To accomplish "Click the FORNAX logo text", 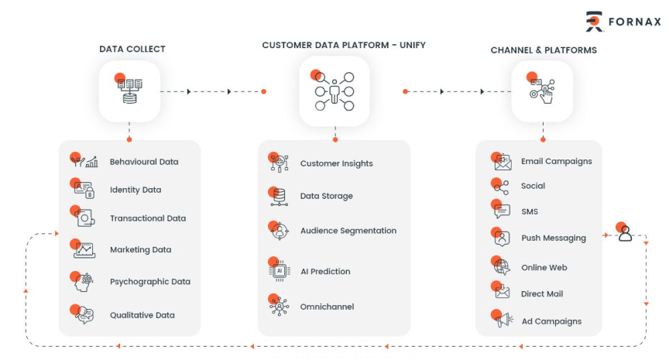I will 635,21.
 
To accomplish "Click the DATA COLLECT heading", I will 132,50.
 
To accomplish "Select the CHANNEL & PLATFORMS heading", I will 544,50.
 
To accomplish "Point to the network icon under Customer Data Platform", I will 334,91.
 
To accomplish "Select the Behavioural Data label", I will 144,162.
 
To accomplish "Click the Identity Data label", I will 136,190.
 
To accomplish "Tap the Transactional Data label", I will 148,218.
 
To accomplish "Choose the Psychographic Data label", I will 149,282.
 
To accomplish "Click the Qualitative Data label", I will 142,315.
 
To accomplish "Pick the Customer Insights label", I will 336,163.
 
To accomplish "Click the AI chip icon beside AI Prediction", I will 279,271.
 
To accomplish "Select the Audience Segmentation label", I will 348,231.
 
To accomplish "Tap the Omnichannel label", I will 327,307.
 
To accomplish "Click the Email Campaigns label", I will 556,162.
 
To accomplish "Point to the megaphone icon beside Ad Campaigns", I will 503,320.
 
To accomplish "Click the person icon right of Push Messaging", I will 625,234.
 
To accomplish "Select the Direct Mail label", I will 542,293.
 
